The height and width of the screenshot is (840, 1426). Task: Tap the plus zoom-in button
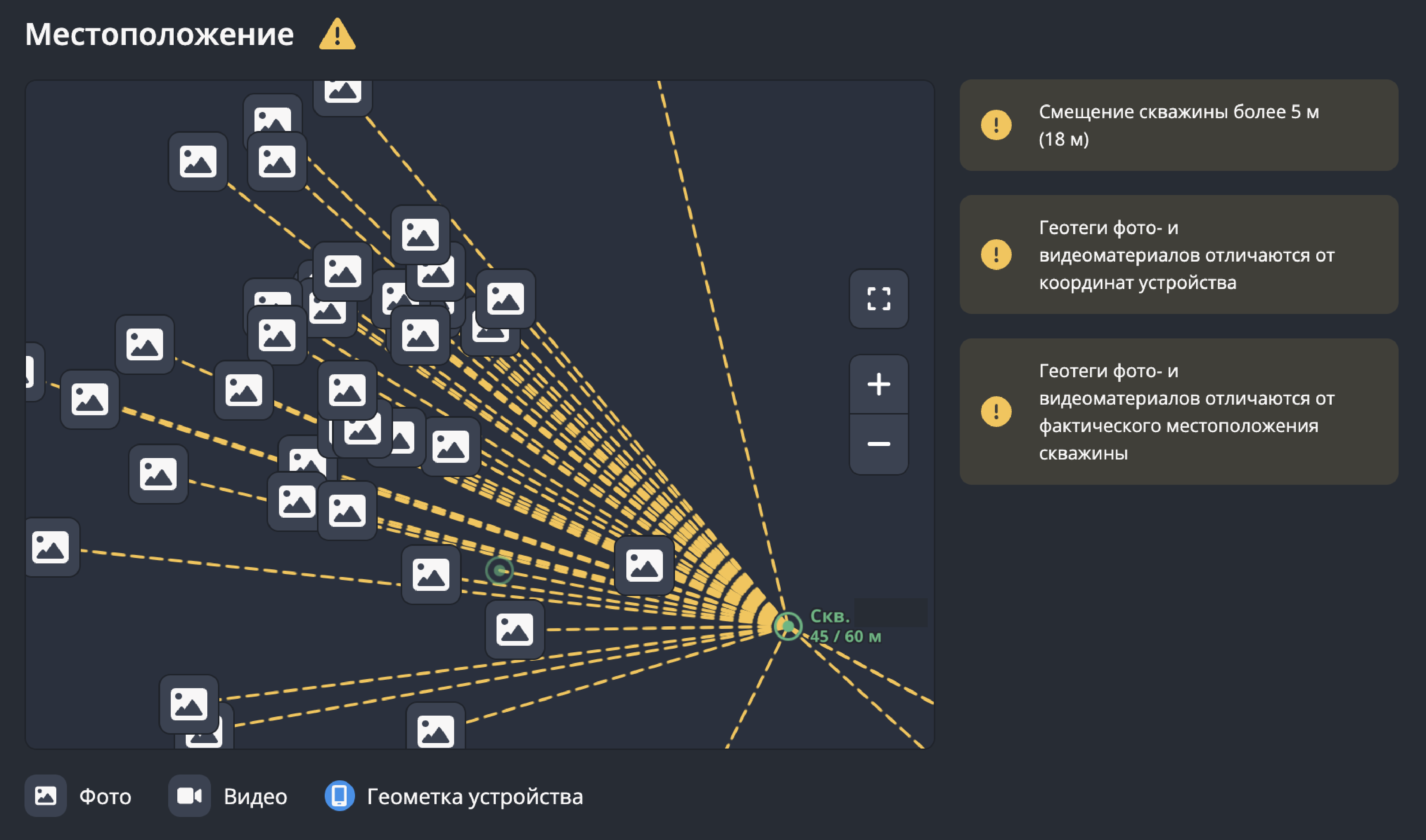click(878, 385)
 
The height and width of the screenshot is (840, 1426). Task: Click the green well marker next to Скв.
click(788, 626)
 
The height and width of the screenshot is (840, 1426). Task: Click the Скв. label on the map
click(830, 616)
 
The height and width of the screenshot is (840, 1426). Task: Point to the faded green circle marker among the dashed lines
click(499, 571)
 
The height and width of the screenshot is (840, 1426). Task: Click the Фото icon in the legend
click(45, 796)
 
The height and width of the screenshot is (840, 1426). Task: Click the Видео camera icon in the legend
click(189, 796)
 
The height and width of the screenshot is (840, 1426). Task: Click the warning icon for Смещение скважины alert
click(996, 124)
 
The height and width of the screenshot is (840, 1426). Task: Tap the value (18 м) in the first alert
click(1064, 139)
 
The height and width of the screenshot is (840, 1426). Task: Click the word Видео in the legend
click(255, 796)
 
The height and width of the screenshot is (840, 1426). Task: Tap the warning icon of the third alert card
click(996, 411)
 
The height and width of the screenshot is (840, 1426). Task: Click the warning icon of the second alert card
click(996, 254)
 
